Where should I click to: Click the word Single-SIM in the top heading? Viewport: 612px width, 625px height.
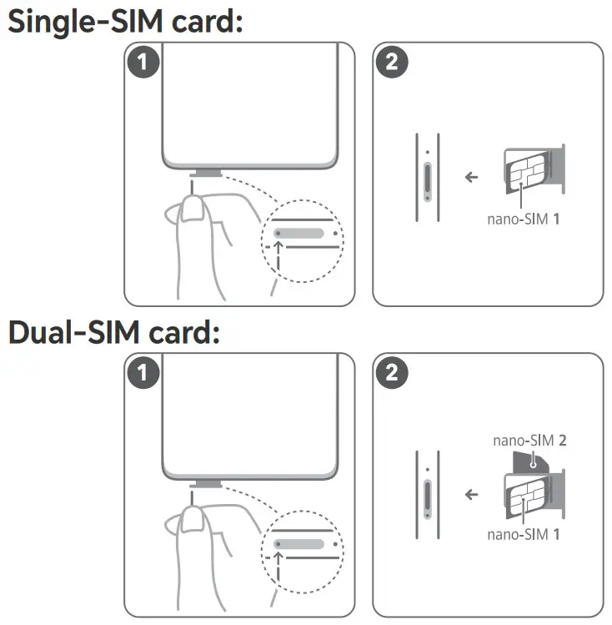tap(85, 23)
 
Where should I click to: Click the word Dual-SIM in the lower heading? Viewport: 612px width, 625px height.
tap(73, 333)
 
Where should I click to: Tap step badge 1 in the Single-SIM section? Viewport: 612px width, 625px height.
tap(143, 63)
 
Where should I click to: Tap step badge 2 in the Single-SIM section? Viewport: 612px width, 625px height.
tap(392, 63)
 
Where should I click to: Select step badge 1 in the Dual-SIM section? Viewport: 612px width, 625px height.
tap(143, 373)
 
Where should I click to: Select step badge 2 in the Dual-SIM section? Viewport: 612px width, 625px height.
tap(392, 373)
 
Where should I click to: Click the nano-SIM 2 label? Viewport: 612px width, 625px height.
tap(529, 441)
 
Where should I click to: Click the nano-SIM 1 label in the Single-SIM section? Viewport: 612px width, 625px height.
tap(524, 219)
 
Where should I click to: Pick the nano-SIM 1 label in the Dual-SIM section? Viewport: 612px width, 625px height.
tap(524, 534)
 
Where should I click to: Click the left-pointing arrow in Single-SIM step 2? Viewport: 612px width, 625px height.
tap(471, 177)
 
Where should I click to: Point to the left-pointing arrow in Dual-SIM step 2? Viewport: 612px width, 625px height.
tap(471, 495)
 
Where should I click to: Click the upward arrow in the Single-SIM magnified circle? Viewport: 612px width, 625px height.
tap(278, 256)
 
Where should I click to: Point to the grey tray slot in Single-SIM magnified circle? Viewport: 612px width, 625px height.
tap(298, 233)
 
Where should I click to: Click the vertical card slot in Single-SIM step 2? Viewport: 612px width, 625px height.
tap(428, 182)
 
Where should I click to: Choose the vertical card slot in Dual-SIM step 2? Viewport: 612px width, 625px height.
tap(428, 500)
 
